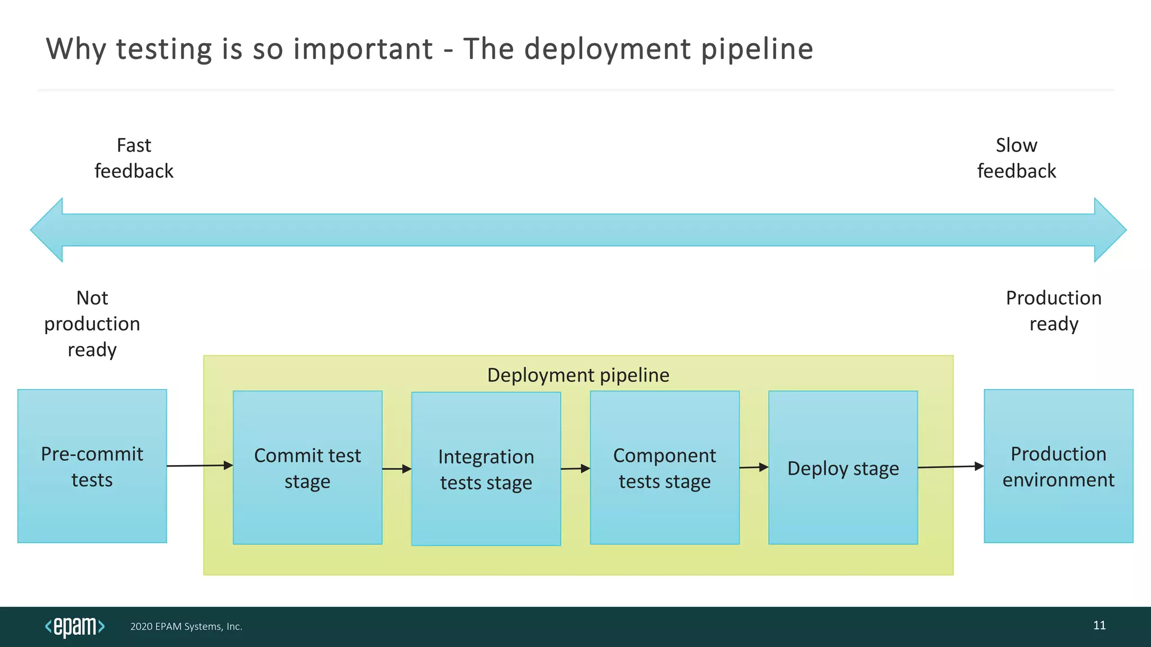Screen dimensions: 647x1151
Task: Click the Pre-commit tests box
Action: click(92, 466)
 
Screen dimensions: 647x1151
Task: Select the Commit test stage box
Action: click(307, 467)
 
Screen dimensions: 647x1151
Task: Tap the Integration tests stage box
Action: click(486, 469)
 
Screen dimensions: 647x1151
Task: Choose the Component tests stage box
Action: click(664, 467)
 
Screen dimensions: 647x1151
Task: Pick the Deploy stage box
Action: click(843, 467)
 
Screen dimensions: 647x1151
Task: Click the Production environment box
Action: click(1058, 466)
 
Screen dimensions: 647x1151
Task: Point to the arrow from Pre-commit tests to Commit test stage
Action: click(200, 466)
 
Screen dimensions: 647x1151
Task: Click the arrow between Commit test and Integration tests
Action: click(397, 469)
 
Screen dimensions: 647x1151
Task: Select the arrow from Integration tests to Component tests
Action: click(575, 468)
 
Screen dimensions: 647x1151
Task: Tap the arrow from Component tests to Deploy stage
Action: click(754, 467)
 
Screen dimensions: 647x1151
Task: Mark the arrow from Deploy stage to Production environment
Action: click(950, 467)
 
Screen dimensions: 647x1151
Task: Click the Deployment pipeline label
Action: click(578, 375)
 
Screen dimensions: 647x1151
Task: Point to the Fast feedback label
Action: click(134, 158)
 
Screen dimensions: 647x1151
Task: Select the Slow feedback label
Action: click(1016, 158)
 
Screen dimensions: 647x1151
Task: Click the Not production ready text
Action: click(92, 323)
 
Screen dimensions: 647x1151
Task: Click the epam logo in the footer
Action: click(75, 626)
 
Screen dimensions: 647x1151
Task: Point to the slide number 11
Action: click(1099, 625)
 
